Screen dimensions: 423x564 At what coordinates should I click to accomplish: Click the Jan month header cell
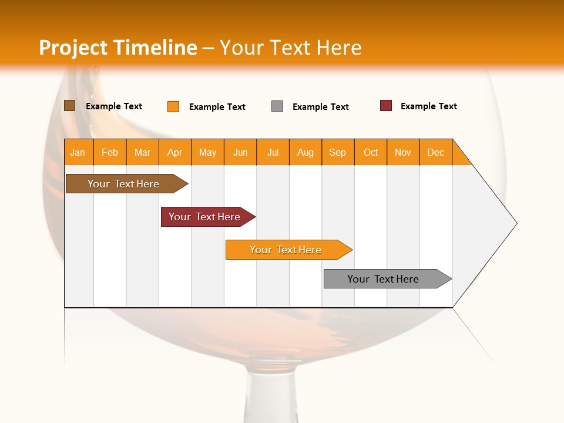click(78, 152)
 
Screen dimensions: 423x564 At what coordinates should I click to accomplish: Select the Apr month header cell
click(175, 152)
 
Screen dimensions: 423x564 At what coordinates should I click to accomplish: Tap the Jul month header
click(273, 152)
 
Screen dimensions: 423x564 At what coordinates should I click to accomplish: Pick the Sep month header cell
click(338, 152)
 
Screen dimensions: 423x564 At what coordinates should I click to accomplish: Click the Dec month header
click(435, 152)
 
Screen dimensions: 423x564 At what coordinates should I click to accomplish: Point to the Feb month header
click(110, 152)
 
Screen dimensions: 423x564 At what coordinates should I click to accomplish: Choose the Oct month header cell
click(371, 152)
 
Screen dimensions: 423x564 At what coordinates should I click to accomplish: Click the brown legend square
click(70, 106)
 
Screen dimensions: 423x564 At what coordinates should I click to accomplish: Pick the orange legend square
click(173, 106)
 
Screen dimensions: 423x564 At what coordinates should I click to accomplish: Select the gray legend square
click(277, 106)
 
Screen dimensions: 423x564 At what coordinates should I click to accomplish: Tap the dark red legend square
click(386, 106)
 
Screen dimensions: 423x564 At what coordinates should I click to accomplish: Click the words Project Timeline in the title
click(117, 48)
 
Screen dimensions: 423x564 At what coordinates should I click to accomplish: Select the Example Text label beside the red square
click(428, 106)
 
